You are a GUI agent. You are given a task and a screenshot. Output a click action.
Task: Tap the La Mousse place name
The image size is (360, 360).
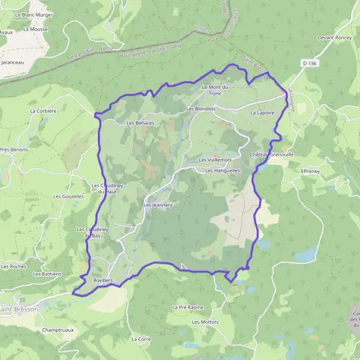[x=35, y=28]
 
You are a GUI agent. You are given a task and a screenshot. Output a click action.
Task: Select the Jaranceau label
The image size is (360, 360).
[x=13, y=62]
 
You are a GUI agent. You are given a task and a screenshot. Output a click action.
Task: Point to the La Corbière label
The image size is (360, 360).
[x=43, y=111]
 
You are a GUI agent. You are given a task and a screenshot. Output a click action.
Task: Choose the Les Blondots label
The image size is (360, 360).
[x=201, y=109]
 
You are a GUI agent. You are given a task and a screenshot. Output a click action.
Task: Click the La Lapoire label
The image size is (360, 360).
[x=262, y=112]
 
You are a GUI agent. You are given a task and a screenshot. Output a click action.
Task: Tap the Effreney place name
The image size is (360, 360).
[x=311, y=171]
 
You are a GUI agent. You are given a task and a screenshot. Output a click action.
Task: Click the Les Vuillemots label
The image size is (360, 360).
[x=215, y=160]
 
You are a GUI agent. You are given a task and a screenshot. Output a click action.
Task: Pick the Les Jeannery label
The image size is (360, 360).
[x=158, y=205]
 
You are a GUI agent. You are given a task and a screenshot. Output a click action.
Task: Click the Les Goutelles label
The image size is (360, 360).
[x=68, y=196]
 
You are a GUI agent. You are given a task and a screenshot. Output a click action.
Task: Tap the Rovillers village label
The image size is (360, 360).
[x=104, y=280]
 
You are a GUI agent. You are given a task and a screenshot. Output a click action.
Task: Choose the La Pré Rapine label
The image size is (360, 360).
[x=187, y=307]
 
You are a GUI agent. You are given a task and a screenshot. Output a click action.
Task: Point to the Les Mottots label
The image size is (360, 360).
[x=205, y=322]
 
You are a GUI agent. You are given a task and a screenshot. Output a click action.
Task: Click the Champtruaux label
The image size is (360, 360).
[x=58, y=330]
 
